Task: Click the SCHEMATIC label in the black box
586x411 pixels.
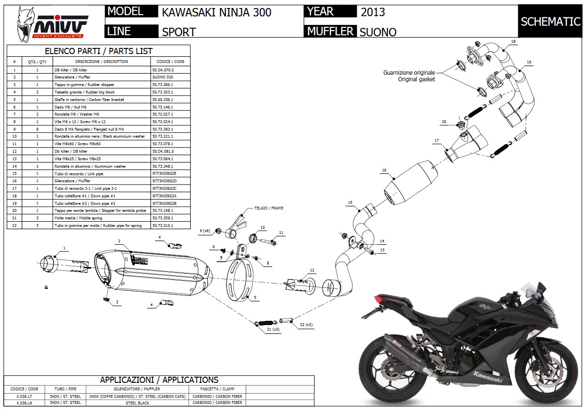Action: [550, 22]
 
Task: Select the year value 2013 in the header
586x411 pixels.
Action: [373, 12]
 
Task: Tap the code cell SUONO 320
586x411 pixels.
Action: [163, 77]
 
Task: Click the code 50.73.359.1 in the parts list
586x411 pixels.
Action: [163, 218]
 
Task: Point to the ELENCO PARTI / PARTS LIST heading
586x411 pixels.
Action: [98, 51]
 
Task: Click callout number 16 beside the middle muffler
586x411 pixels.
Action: [384, 171]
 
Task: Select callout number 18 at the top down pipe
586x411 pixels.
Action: [513, 42]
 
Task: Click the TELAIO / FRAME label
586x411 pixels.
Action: [269, 208]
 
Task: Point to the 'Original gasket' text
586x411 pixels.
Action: [416, 79]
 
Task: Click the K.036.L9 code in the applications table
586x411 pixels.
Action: [24, 403]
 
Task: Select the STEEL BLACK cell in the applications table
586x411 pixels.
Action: [137, 403]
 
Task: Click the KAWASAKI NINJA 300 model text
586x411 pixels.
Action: [217, 12]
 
